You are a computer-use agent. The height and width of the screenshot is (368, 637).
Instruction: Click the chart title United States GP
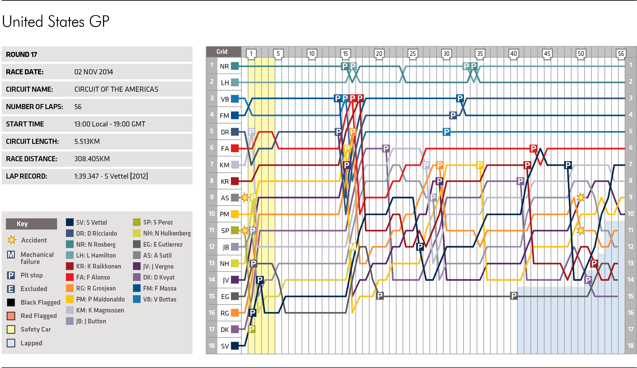click(56, 22)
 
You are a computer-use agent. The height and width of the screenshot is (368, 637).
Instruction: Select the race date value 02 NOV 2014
click(93, 72)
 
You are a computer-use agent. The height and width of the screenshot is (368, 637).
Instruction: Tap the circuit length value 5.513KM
click(87, 141)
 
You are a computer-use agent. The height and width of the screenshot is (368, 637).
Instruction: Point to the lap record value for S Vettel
click(111, 176)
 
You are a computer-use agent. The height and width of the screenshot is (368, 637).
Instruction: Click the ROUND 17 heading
click(22, 55)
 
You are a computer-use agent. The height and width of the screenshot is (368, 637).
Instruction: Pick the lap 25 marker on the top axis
click(413, 54)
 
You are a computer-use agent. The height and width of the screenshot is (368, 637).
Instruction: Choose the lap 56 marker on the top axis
click(621, 54)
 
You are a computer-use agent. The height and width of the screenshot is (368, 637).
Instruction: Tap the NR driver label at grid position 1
click(224, 66)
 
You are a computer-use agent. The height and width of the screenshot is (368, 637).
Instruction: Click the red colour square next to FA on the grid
click(235, 148)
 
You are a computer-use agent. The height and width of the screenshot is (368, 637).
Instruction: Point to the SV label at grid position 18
click(225, 346)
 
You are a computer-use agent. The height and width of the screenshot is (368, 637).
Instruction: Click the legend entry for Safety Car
click(36, 329)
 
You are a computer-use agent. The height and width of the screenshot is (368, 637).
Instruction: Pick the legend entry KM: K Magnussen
click(100, 310)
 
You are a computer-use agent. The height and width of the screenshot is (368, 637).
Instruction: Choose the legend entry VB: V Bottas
click(160, 299)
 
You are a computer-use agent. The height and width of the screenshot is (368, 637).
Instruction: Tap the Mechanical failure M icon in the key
click(11, 255)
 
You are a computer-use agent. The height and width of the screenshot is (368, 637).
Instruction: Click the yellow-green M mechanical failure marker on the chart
click(352, 246)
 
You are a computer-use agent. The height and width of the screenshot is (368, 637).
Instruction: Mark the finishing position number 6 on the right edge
click(630, 148)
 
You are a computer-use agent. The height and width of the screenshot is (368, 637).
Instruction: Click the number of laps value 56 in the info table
click(78, 107)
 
